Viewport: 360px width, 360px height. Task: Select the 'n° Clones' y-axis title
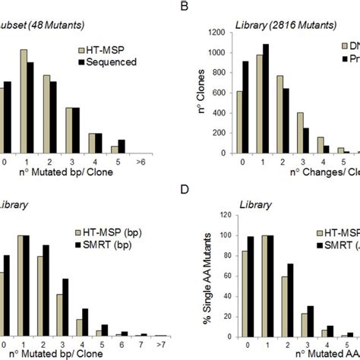tap(202, 91)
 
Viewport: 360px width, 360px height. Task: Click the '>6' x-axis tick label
tap(136, 163)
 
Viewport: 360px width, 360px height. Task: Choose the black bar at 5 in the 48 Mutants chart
tap(122, 146)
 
